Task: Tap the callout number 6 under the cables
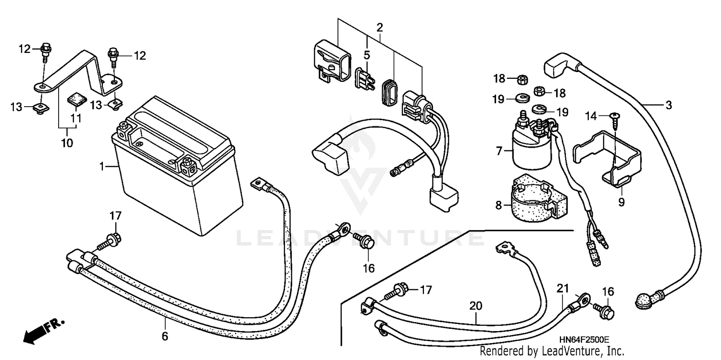click(165, 336)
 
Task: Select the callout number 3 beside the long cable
click(668, 105)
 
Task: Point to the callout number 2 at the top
click(379, 27)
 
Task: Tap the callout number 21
click(562, 288)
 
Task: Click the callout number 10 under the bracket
click(67, 143)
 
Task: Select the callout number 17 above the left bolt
click(115, 216)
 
